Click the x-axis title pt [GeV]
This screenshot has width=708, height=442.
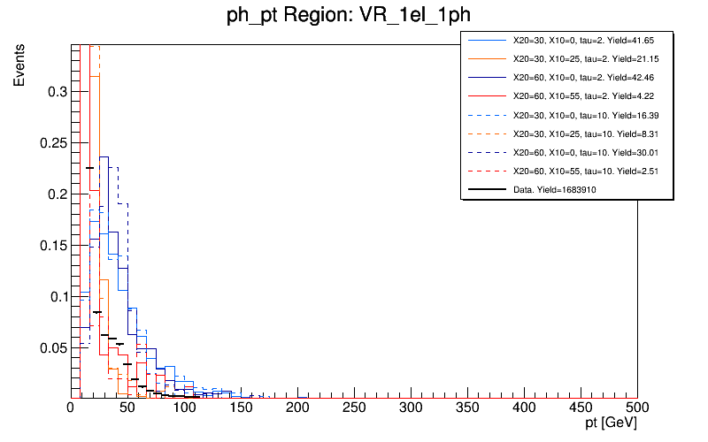[606, 425]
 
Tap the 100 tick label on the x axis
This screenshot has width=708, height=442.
[184, 408]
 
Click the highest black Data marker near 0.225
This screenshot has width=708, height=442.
[88, 168]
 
